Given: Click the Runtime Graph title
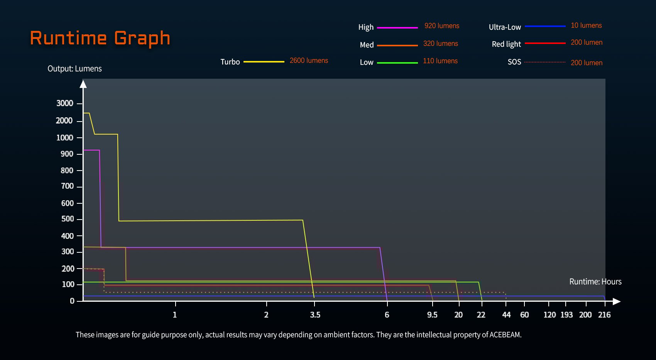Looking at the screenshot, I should (100, 38).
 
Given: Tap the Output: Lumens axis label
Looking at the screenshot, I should (74, 69).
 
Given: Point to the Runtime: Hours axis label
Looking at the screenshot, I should (595, 282).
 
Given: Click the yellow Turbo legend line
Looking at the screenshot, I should (264, 62).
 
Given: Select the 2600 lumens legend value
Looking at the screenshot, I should (309, 61).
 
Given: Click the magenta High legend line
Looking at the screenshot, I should (397, 28).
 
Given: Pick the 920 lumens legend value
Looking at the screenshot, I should (442, 26).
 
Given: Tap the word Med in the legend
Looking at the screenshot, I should (367, 45).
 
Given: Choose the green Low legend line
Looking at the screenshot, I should (397, 63).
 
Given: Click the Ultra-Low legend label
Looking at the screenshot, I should (505, 27).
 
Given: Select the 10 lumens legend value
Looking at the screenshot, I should (586, 25).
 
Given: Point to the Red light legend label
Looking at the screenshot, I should (506, 44).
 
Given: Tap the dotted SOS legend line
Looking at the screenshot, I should (545, 62).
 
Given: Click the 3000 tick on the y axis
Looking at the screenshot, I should (65, 103).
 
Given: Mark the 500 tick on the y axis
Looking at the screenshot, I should (68, 219).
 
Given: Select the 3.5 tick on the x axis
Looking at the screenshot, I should (315, 315).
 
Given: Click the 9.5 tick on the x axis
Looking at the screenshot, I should (432, 315).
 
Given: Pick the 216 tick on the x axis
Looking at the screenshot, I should (604, 315).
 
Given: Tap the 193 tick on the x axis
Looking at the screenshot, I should (566, 315).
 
